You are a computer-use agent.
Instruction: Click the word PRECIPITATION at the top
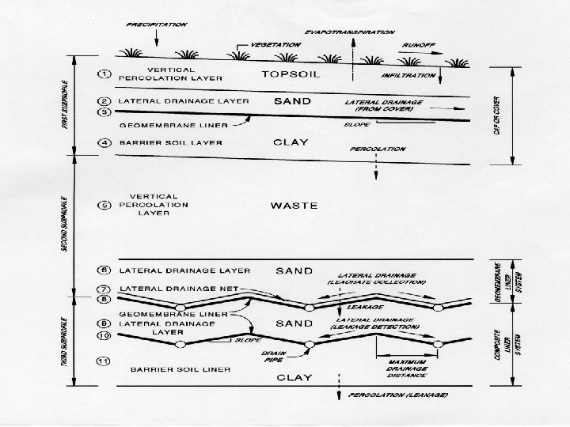156,25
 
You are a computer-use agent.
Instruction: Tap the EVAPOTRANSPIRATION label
350,32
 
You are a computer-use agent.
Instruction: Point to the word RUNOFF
416,47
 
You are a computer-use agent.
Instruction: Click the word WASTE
294,206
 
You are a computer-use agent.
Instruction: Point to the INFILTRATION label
408,75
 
